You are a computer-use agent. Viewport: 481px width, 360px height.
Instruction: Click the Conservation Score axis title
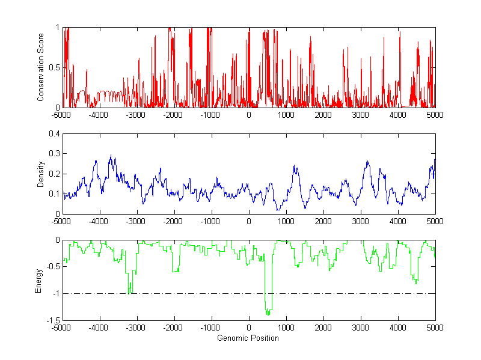pos(41,67)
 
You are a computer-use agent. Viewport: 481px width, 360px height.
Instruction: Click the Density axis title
pos(41,174)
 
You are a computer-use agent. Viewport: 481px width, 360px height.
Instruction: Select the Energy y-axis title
pos(39,280)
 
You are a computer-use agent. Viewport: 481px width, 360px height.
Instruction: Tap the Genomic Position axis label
pos(249,338)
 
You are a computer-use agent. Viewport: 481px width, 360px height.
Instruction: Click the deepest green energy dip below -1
pos(268,313)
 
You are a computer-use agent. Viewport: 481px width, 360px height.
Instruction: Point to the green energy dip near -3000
pos(130,292)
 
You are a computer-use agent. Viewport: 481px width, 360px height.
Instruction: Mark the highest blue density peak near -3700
pos(111,156)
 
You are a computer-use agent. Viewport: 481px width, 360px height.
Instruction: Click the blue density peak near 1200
pos(295,166)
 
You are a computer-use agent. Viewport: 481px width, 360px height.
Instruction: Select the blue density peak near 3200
pos(367,162)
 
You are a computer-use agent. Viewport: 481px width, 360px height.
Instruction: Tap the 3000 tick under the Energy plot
pos(361,328)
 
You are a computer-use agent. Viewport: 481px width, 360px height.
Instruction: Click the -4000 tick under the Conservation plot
pos(99,115)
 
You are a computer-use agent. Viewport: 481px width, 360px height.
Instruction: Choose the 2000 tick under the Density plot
pos(323,221)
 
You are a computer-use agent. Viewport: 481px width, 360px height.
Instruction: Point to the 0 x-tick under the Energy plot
pos(249,328)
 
